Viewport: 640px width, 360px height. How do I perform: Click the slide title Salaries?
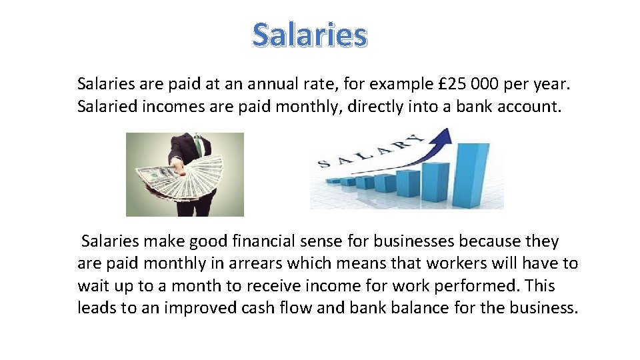pos(309,35)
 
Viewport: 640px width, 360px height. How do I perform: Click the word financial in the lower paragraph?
pos(267,241)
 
